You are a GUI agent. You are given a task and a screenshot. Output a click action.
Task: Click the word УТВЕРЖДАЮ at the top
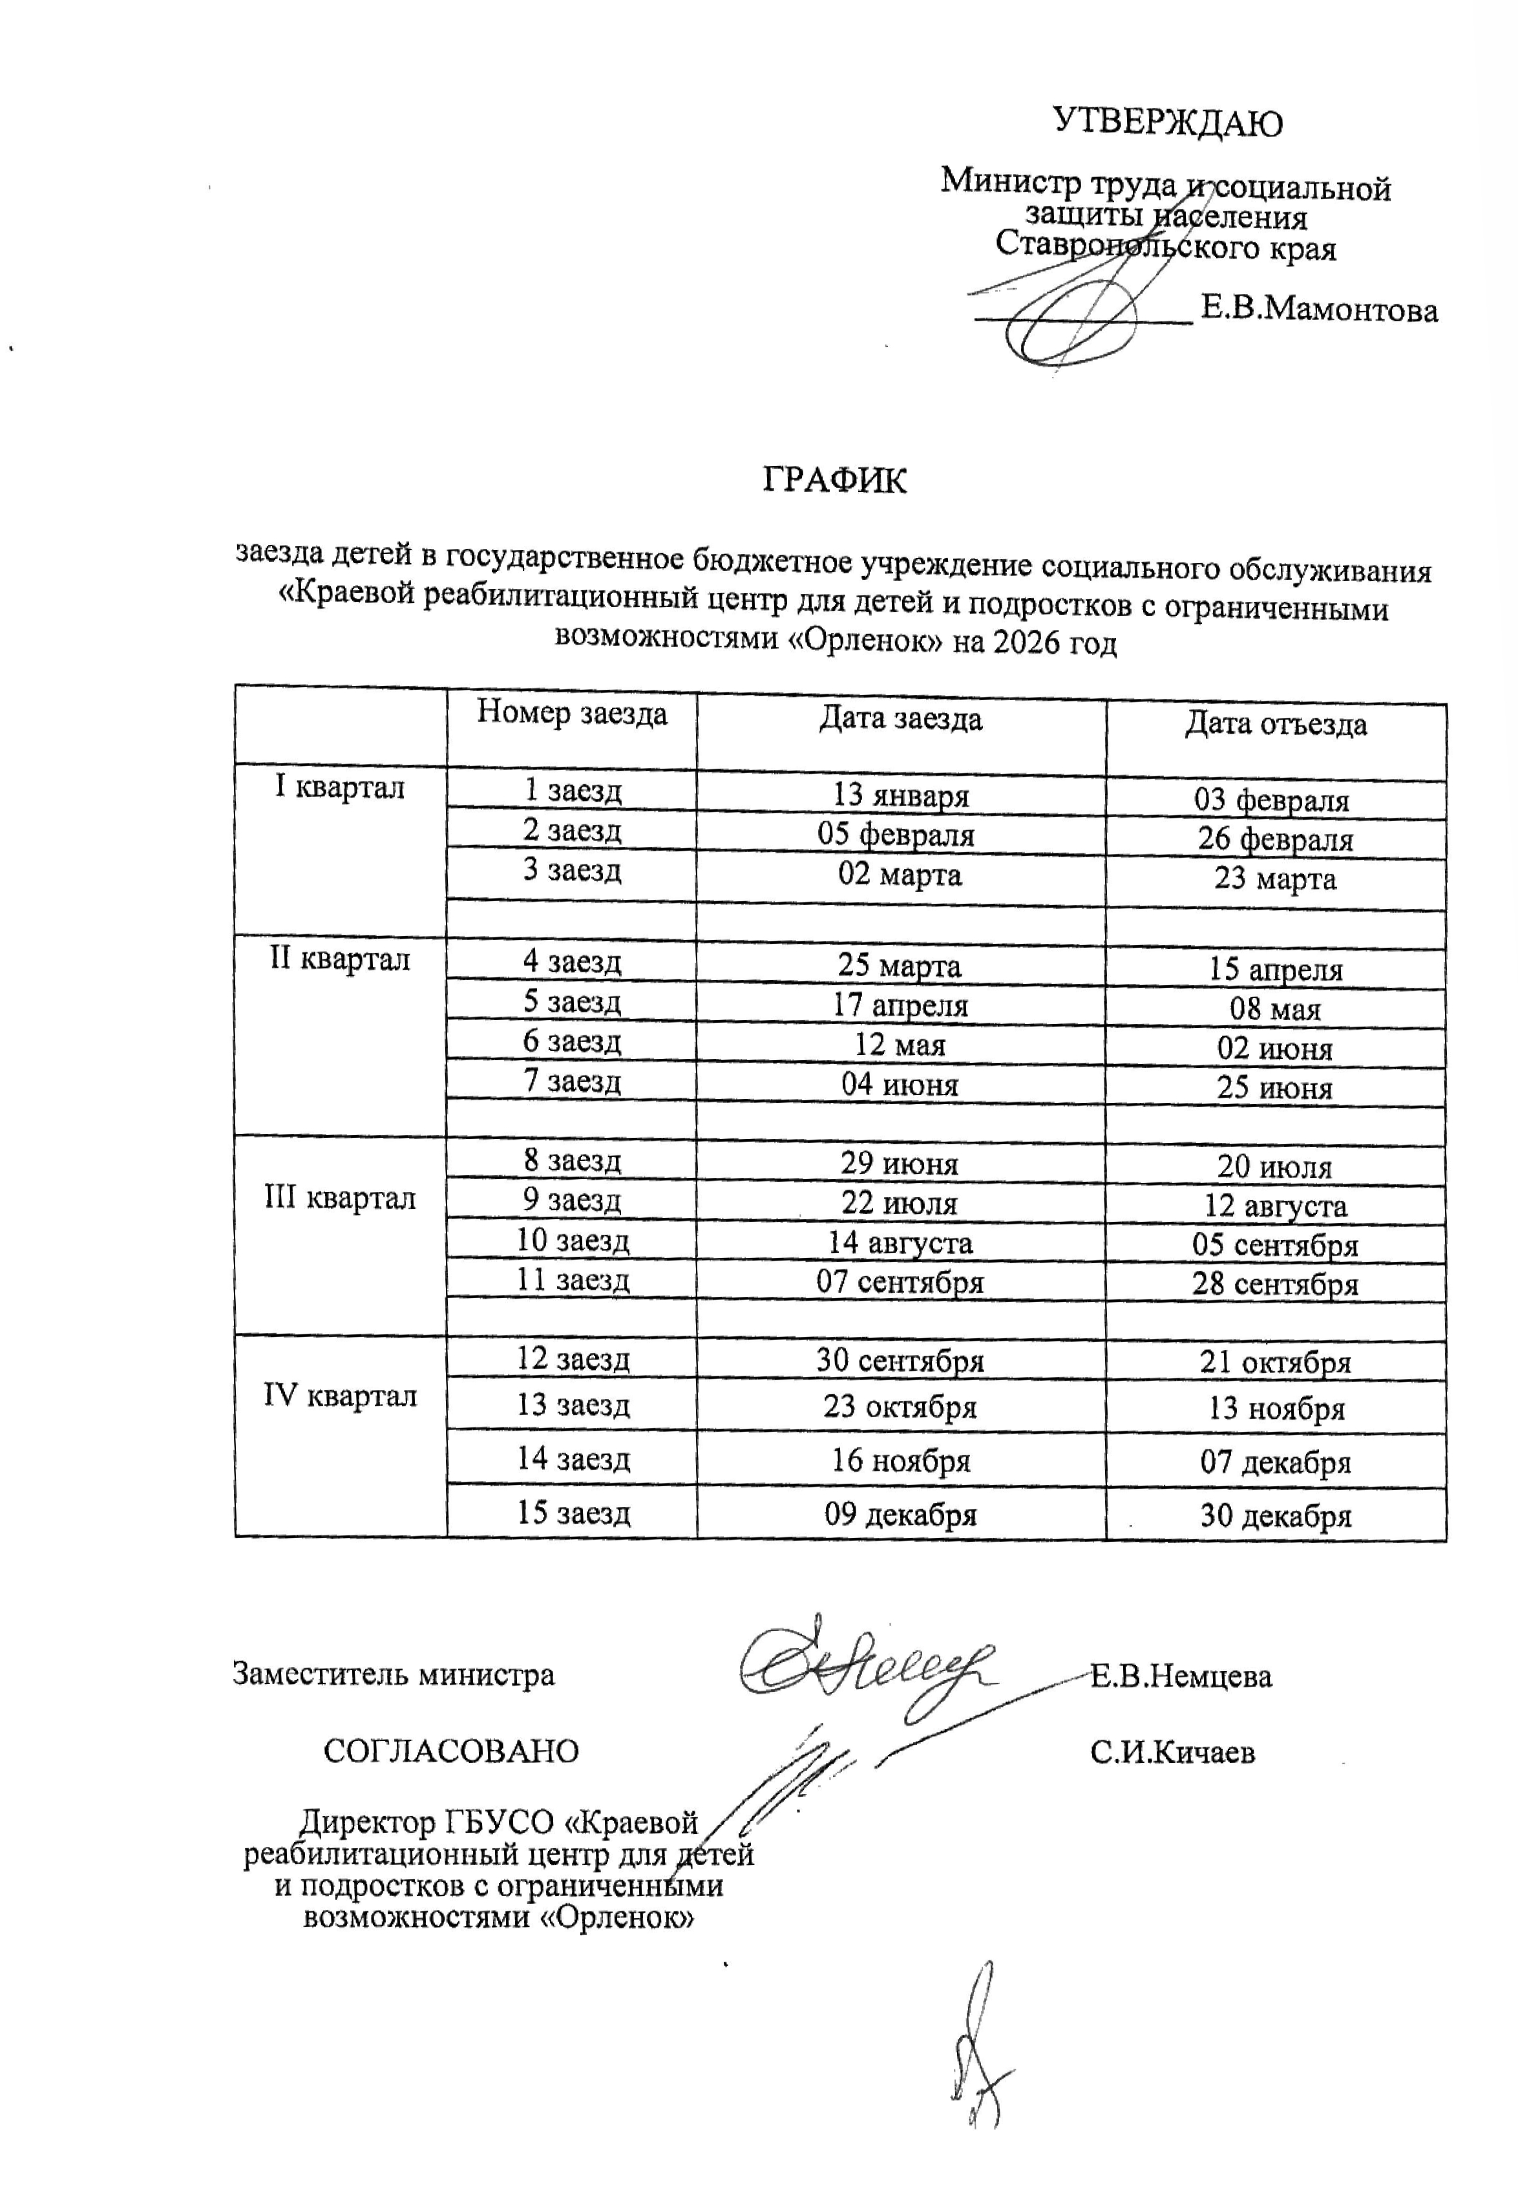click(x=1167, y=123)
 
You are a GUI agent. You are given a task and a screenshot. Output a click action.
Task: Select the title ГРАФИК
click(x=834, y=480)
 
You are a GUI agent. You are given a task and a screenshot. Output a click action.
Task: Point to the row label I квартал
click(x=339, y=787)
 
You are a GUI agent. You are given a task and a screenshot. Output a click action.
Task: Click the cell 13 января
click(x=901, y=795)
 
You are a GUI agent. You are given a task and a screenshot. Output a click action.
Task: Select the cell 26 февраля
click(x=1274, y=839)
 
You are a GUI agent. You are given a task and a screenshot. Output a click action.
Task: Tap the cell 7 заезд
click(x=572, y=1081)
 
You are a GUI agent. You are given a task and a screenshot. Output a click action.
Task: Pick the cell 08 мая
click(x=1274, y=1008)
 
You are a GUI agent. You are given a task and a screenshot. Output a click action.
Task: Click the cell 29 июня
click(x=899, y=1162)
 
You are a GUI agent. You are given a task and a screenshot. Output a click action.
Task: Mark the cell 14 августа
click(x=900, y=1243)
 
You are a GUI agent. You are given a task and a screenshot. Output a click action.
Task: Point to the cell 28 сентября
click(x=1274, y=1283)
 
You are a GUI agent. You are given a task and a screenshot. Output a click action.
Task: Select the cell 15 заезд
click(x=573, y=1513)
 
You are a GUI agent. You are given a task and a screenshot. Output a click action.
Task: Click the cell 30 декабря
click(x=1274, y=1515)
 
